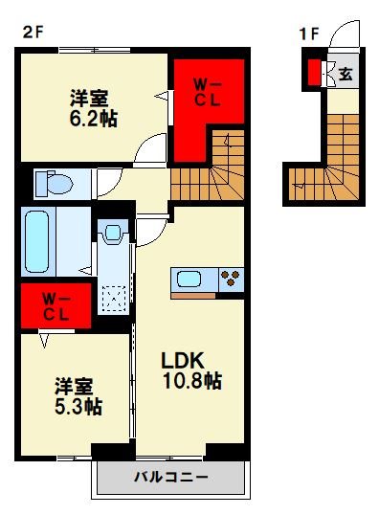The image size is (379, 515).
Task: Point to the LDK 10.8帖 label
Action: click(190, 371)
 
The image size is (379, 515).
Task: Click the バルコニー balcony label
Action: click(170, 477)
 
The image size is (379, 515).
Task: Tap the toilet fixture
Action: click(57, 181)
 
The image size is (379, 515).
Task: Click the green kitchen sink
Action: click(189, 280)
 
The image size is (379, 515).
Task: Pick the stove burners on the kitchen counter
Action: click(231, 280)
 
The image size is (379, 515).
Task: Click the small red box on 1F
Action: click(314, 72)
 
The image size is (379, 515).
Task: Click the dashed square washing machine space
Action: click(114, 300)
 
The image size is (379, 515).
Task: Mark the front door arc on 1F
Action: click(344, 40)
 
